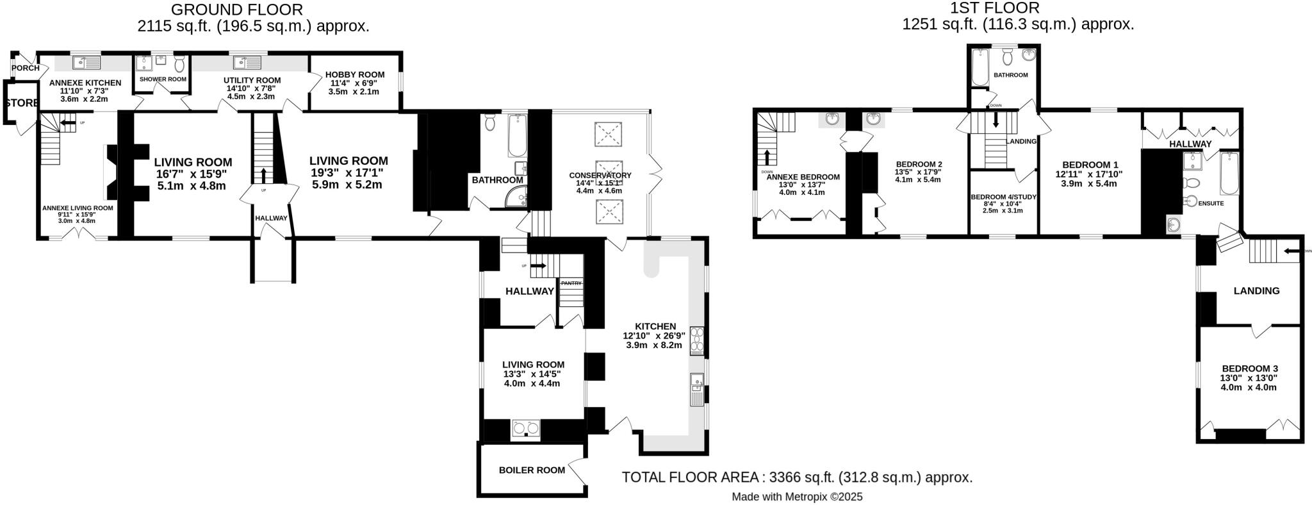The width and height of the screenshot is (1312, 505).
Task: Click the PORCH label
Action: pyautogui.click(x=26, y=68)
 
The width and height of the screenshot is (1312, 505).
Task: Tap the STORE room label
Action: pyautogui.click(x=22, y=103)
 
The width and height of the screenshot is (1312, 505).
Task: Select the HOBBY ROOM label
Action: pyautogui.click(x=354, y=74)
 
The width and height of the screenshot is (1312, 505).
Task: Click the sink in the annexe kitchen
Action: pyautogui.click(x=86, y=62)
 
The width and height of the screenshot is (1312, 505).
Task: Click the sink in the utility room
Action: pyautogui.click(x=247, y=62)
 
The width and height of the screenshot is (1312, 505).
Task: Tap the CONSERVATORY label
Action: pyautogui.click(x=600, y=175)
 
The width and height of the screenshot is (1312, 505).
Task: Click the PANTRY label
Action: pyautogui.click(x=571, y=283)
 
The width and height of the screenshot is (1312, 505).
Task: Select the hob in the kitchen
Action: pyautogui.click(x=696, y=341)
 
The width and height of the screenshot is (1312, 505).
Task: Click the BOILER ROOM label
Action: pyautogui.click(x=532, y=470)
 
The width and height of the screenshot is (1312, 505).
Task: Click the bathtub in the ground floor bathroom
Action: pyautogui.click(x=517, y=136)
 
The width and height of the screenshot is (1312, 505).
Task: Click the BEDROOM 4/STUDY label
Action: pyautogui.click(x=1003, y=197)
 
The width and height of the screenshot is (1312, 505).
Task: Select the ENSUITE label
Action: pyautogui.click(x=1210, y=203)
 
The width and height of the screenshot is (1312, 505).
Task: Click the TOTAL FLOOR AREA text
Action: pyautogui.click(x=796, y=477)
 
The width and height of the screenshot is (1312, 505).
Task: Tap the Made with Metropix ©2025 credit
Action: pyautogui.click(x=796, y=497)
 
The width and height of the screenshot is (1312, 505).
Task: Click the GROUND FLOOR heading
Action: pyautogui.click(x=237, y=10)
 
